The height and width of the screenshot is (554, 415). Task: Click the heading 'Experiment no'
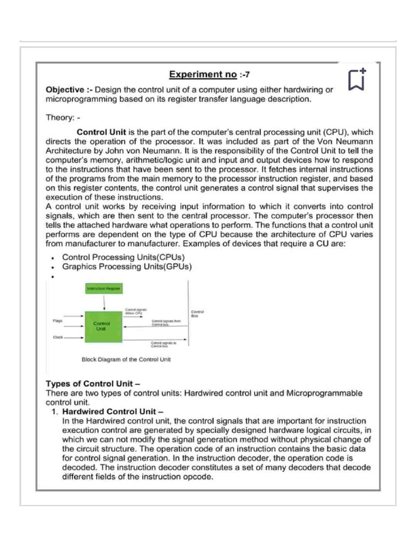pos(203,74)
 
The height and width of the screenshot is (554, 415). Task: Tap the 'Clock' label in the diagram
pos(58,337)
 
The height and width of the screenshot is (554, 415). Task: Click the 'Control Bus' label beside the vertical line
pos(197,313)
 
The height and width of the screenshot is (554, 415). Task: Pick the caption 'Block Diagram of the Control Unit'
pos(126,359)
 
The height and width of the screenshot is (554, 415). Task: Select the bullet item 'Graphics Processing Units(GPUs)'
pos(127,266)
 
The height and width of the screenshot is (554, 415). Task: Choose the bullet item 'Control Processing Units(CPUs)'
pos(123,257)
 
